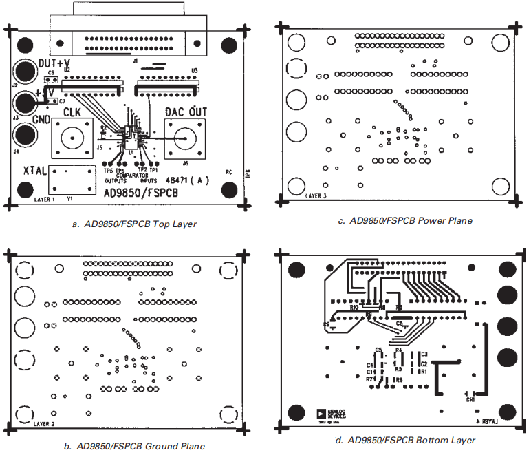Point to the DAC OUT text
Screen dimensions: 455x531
[x=184, y=112]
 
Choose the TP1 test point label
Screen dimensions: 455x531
[x=154, y=169]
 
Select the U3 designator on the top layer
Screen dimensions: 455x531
[x=195, y=70]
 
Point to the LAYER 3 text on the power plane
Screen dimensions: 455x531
[x=316, y=195]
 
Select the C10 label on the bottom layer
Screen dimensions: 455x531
[x=470, y=399]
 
